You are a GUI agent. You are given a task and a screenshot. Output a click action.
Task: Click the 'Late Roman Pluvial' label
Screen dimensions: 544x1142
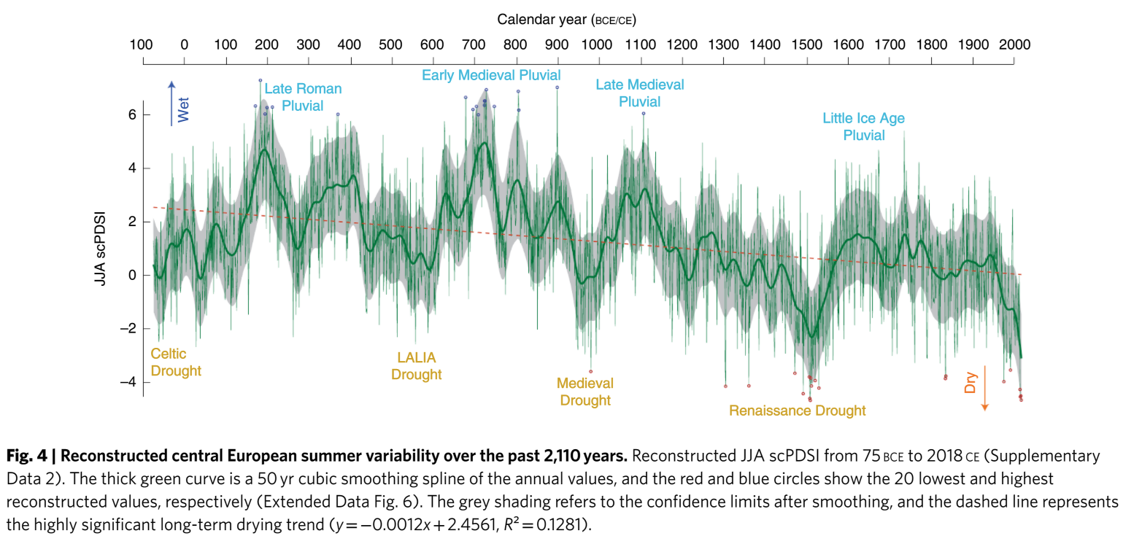[x=303, y=97]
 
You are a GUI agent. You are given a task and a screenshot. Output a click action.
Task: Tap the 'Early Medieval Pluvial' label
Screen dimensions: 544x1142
[x=491, y=75]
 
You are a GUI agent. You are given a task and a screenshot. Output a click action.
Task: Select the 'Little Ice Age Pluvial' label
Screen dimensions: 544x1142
[x=864, y=126]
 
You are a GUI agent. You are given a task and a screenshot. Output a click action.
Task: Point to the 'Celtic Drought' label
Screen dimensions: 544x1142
[x=175, y=362]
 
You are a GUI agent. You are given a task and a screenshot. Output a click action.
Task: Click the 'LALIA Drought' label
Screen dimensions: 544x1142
[x=417, y=366]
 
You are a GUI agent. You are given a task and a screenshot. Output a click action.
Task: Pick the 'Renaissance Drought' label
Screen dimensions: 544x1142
[x=798, y=411]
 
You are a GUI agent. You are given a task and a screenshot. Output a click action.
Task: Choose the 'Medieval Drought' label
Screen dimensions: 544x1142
[x=585, y=391]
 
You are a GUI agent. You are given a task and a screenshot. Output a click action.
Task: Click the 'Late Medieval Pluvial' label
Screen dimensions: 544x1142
[x=640, y=93]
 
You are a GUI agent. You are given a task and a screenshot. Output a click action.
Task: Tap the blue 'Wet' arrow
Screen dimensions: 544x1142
[x=171, y=103]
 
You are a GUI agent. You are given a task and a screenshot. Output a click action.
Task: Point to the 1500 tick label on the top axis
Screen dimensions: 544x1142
[x=806, y=44]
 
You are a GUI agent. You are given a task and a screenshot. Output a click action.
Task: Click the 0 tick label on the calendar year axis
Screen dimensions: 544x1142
[x=184, y=44]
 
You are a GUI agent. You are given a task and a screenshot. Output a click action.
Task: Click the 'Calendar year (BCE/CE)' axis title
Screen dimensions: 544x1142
[x=571, y=18]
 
